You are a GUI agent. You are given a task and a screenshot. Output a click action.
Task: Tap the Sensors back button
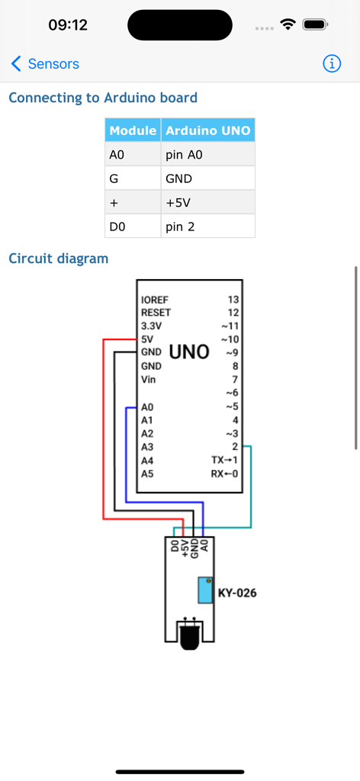(45, 64)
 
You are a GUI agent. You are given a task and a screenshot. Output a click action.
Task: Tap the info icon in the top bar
(332, 64)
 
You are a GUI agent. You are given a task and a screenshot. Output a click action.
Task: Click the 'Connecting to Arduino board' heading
(103, 98)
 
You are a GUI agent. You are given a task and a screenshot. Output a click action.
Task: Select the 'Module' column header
(133, 130)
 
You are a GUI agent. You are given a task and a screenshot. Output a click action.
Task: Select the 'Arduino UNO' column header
(207, 130)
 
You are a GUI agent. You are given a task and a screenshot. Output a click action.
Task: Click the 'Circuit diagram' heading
(59, 259)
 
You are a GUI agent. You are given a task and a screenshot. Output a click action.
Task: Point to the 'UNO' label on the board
(189, 352)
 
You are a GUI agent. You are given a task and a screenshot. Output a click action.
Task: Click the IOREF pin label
(155, 300)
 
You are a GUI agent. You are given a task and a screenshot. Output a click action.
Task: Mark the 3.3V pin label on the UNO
(153, 326)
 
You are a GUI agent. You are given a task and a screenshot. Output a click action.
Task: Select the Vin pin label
(148, 379)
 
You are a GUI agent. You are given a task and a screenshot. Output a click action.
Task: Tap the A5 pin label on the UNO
(147, 474)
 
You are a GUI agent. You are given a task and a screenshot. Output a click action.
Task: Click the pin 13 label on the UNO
(233, 300)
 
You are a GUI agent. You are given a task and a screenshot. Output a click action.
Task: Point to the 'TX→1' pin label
(224, 461)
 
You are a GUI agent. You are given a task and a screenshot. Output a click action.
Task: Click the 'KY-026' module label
(237, 593)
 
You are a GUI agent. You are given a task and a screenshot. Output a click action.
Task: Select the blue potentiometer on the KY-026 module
(205, 590)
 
